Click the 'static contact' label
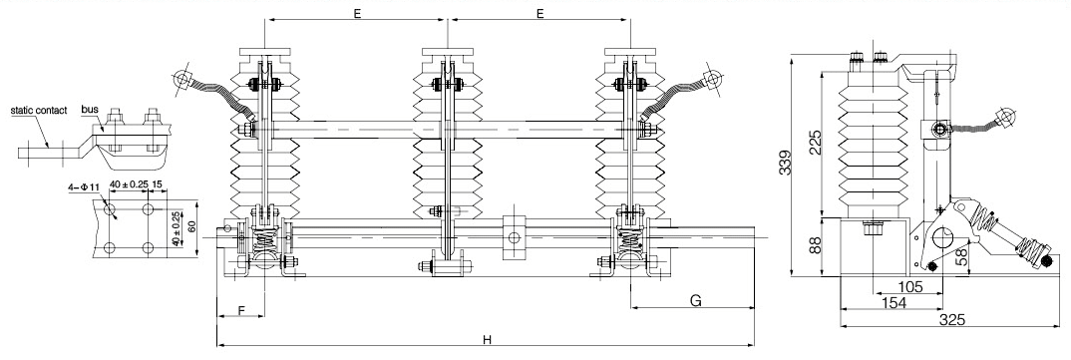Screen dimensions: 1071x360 click(x=38, y=110)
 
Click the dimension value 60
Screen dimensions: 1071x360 click(x=191, y=226)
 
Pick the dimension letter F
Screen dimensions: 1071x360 click(x=240, y=310)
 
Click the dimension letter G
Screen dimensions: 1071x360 click(x=695, y=300)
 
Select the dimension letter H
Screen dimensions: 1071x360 click(x=487, y=339)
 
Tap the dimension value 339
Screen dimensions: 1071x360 click(x=786, y=164)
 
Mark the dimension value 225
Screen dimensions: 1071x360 click(x=815, y=142)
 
